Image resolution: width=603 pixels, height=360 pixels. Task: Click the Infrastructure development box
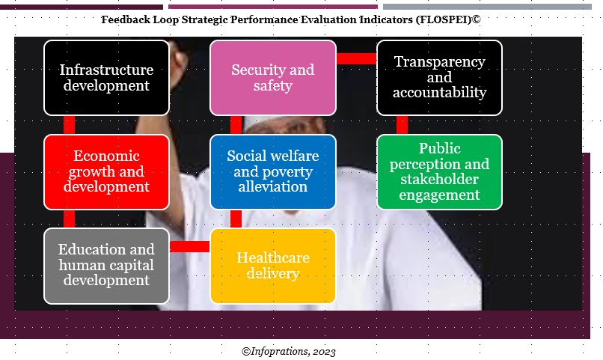coord(106,78)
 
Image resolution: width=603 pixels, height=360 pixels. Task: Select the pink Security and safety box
coord(272,78)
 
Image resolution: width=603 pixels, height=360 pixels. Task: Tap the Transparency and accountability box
coord(439,78)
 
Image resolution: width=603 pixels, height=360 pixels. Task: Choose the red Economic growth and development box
coord(106,171)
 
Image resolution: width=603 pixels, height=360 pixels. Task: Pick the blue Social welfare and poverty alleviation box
coord(272,171)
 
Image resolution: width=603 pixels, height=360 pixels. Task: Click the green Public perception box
coord(439,171)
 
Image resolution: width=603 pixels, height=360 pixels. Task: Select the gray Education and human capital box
coord(106,266)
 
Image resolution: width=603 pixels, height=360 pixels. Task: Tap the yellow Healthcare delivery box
coord(272,266)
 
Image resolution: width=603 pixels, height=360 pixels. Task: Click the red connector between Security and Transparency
coord(356,58)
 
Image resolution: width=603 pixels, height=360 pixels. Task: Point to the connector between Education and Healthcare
coord(189,246)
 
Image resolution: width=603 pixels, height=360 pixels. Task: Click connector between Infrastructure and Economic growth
coord(69,125)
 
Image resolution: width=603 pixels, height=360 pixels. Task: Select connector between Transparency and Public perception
coord(402,125)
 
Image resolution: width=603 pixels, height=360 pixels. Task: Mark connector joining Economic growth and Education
coord(69,219)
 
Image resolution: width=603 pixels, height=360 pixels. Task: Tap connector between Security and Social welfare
coord(236,125)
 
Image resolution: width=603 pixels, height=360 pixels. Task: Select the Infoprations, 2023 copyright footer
coord(288,351)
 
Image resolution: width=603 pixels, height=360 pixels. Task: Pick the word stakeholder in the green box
coord(439,180)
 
